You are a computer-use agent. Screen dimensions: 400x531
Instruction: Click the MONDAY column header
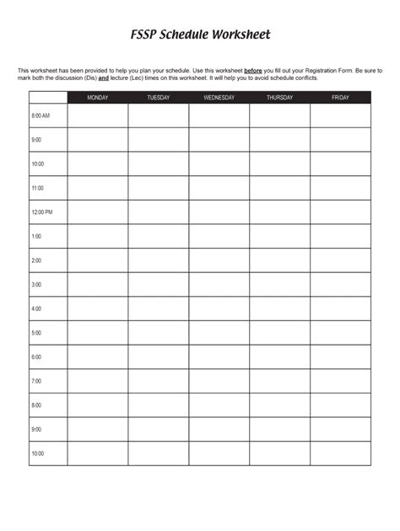pyautogui.click(x=98, y=98)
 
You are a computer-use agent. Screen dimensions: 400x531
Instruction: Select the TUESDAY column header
pyautogui.click(x=159, y=98)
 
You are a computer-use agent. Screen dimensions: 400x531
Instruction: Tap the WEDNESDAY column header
pyautogui.click(x=219, y=98)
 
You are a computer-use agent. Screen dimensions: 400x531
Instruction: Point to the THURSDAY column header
pyautogui.click(x=279, y=98)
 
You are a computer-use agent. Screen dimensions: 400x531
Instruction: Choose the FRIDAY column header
pyautogui.click(x=340, y=98)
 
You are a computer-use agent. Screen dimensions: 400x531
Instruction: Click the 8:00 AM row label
pyautogui.click(x=41, y=115)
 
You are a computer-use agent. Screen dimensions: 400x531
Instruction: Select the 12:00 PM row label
pyautogui.click(x=42, y=212)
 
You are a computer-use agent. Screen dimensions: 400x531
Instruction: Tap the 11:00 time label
pyautogui.click(x=37, y=188)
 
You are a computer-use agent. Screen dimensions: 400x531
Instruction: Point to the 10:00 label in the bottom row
pyautogui.click(x=37, y=453)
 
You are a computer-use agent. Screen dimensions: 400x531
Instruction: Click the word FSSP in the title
pyautogui.click(x=144, y=36)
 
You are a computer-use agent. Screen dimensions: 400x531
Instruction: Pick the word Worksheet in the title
pyautogui.click(x=241, y=36)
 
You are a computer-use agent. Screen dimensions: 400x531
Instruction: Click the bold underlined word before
pyautogui.click(x=252, y=71)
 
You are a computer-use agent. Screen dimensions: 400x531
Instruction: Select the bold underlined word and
pyautogui.click(x=104, y=77)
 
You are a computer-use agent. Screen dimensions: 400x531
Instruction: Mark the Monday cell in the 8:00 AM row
pyautogui.click(x=98, y=115)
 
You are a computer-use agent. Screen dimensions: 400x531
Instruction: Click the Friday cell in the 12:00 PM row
pyautogui.click(x=340, y=212)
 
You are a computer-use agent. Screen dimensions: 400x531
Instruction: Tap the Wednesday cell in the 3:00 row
pyautogui.click(x=219, y=285)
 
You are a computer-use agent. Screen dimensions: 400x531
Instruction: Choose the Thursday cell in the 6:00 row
pyautogui.click(x=279, y=357)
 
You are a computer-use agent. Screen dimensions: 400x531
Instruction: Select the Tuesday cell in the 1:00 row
pyautogui.click(x=159, y=237)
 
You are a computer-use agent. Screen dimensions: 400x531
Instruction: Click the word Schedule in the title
pyautogui.click(x=186, y=36)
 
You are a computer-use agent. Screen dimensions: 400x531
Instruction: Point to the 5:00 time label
pyautogui.click(x=36, y=333)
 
